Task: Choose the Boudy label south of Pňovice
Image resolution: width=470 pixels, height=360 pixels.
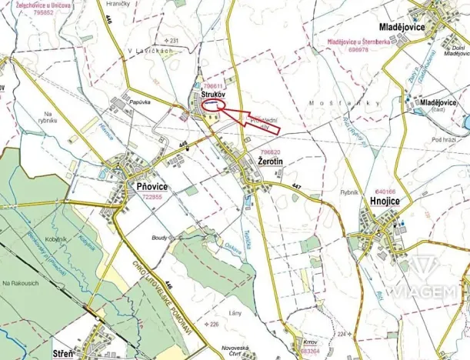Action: coord(160,238)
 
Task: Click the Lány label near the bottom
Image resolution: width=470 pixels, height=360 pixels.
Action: coord(235,313)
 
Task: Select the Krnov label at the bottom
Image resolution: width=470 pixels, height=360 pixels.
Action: coord(310,340)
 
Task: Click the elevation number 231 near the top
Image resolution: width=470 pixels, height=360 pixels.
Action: coord(172,40)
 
